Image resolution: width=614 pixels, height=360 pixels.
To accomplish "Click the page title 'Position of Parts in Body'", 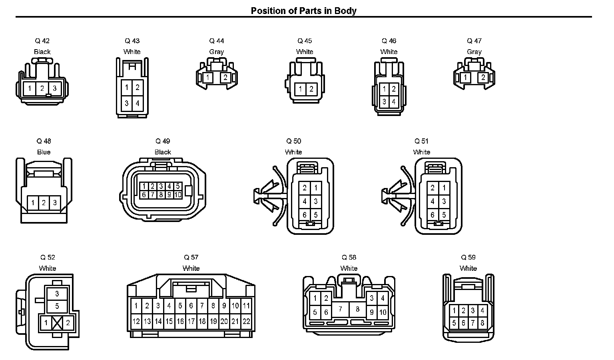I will tap(303, 11).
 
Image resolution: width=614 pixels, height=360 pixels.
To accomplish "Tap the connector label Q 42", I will tap(42, 41).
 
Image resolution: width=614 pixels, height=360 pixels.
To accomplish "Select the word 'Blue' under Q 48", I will tap(44, 152).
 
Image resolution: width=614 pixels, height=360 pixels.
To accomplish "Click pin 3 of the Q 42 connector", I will tap(55, 88).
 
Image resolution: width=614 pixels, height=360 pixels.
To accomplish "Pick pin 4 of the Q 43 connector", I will tap(138, 103).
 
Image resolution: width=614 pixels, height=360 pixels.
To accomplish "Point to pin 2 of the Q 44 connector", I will tap(225, 78).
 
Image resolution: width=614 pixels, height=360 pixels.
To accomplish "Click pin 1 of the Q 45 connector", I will tap(301, 89).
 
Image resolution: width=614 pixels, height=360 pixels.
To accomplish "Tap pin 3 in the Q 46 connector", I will tap(384, 102).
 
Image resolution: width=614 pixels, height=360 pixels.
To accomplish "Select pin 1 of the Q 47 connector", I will tap(465, 78).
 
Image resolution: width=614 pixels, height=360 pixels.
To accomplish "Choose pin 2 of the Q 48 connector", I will tap(44, 203).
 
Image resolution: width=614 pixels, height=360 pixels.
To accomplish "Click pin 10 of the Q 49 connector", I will tap(178, 195).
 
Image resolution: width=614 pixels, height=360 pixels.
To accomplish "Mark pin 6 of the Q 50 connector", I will tap(305, 215).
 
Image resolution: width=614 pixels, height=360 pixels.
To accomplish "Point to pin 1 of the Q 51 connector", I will tap(444, 188).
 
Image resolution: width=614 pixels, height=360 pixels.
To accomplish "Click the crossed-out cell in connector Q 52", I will tap(57, 323).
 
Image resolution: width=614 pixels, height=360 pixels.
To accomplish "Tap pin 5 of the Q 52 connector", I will tap(57, 306).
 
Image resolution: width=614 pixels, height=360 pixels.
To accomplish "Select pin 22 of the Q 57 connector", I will tap(246, 321).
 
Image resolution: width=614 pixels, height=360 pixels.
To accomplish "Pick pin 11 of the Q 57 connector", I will tap(246, 306).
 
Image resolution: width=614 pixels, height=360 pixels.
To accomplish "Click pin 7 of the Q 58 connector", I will tap(340, 309).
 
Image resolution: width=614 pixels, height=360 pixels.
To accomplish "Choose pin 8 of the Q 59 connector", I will tap(482, 322).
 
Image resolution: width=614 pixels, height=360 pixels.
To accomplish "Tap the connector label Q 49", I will tap(163, 141).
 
